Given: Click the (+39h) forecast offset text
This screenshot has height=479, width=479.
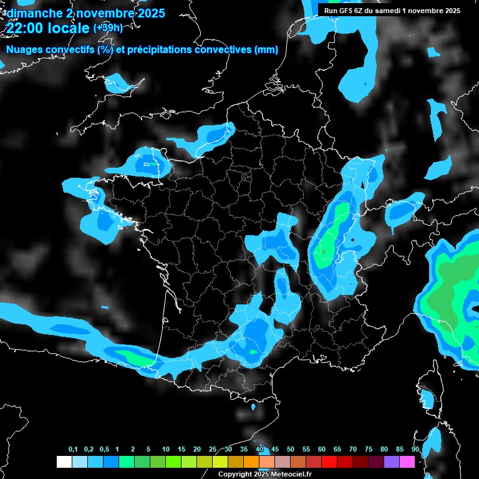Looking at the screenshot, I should [x=107, y=27].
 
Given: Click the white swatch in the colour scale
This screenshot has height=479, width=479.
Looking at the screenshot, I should [x=64, y=462].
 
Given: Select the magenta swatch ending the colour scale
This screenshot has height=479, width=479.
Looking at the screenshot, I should [x=407, y=462].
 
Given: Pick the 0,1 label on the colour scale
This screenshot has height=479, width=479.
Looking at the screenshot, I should [x=73, y=450].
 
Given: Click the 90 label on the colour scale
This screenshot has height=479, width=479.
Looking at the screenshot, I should [x=415, y=450].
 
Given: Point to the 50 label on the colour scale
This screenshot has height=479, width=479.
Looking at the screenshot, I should [x=291, y=450].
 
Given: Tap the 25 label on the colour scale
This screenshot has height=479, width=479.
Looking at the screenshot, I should [x=213, y=450].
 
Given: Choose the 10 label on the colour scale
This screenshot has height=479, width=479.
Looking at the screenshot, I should [x=166, y=450].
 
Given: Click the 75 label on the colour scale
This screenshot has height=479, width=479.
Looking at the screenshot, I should [x=369, y=450].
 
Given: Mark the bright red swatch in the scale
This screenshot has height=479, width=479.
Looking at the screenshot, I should [x=329, y=462].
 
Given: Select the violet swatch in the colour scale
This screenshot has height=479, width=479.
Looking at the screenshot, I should [x=392, y=462].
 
